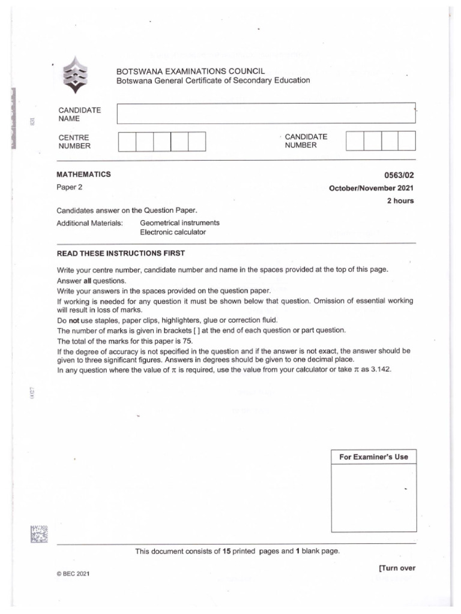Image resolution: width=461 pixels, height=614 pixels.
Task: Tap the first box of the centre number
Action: coord(127,142)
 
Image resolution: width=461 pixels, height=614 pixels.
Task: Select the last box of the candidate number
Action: coord(406,141)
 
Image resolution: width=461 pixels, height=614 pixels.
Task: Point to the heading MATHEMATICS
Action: coord(83,174)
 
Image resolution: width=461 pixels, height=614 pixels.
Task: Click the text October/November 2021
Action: coord(371,188)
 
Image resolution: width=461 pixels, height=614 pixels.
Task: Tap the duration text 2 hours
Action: coord(400,201)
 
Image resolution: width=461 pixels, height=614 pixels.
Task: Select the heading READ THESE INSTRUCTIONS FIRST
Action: coord(121,253)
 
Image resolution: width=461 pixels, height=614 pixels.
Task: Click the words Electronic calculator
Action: coord(173,232)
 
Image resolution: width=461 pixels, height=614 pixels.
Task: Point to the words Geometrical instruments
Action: coord(179,222)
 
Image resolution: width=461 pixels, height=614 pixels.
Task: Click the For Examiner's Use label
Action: coord(373,457)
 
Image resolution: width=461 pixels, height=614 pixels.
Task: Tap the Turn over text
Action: coord(397,568)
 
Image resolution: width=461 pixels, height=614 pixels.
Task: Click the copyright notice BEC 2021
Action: coord(73,574)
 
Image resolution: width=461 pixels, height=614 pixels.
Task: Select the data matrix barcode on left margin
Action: coord(38,534)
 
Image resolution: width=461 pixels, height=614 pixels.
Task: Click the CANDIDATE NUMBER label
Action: coord(306,141)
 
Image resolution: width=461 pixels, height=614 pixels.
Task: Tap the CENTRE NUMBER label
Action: coord(74,142)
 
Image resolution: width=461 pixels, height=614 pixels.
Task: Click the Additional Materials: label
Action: coord(89,222)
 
